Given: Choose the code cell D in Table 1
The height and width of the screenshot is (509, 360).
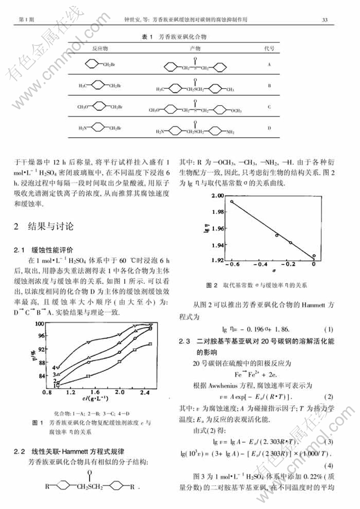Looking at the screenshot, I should [269, 128].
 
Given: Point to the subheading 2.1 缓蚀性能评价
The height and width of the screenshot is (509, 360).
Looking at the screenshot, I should [53, 249].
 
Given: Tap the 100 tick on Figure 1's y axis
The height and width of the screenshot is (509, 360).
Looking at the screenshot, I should [53, 323].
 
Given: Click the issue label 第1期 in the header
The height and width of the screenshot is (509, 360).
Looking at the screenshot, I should [26, 20].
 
